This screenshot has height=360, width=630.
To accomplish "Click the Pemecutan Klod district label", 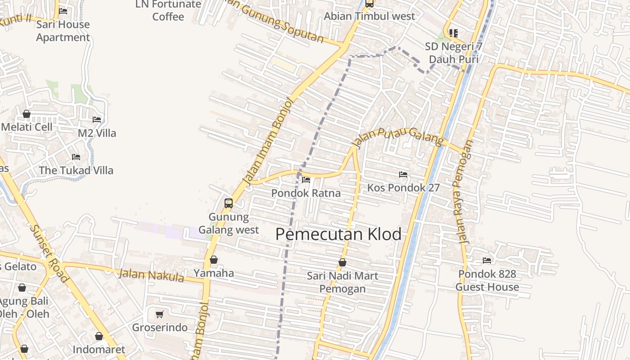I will pyautogui.click(x=338, y=234).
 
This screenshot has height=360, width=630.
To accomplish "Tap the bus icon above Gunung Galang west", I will pyautogui.click(x=229, y=203).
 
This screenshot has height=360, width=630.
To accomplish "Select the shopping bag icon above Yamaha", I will pyautogui.click(x=214, y=260).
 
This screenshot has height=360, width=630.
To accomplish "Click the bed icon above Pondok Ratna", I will pyautogui.click(x=306, y=180).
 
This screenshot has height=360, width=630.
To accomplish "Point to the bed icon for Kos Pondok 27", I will pyautogui.click(x=403, y=174).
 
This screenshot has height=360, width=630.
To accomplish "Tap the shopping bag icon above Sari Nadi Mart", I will pyautogui.click(x=342, y=262).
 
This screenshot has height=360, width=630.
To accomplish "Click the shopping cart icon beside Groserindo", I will pyautogui.click(x=159, y=314).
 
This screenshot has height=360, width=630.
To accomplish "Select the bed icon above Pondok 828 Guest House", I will pyautogui.click(x=487, y=260).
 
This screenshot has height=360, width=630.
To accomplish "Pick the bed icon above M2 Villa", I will pyautogui.click(x=97, y=120).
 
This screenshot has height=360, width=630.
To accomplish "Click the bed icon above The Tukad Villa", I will pyautogui.click(x=76, y=157).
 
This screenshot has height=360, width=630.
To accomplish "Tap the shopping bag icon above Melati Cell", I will pyautogui.click(x=27, y=114).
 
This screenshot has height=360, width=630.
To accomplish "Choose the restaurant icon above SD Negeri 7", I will pyautogui.click(x=453, y=33).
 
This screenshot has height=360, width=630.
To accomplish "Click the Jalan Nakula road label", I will pyautogui.click(x=151, y=274).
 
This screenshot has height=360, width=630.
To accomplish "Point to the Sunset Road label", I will pyautogui.click(x=49, y=252).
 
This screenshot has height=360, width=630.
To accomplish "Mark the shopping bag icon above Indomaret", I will pyautogui.click(x=99, y=336).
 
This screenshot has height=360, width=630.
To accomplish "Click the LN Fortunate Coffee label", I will pyautogui.click(x=168, y=11).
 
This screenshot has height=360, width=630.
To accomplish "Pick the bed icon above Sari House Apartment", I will pyautogui.click(x=63, y=11).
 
